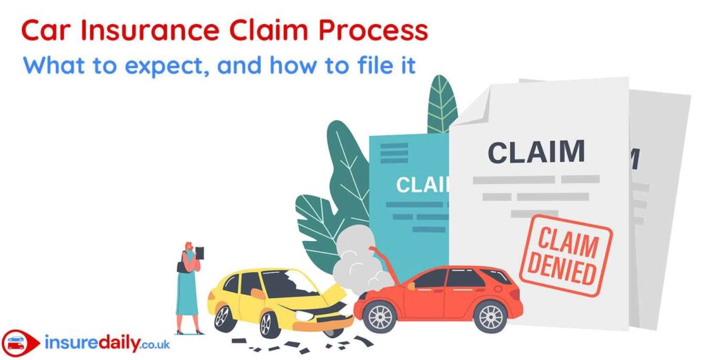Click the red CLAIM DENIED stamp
pos(566,256)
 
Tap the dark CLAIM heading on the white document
pos(536,152)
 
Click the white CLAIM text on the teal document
pos(422,185)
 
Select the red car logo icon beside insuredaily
pos(20,344)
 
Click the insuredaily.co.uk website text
pos(107,344)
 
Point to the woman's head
pos(189,247)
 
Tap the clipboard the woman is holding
pos(199,253)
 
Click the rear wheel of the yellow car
pos(222,316)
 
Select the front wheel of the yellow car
pos(269,325)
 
